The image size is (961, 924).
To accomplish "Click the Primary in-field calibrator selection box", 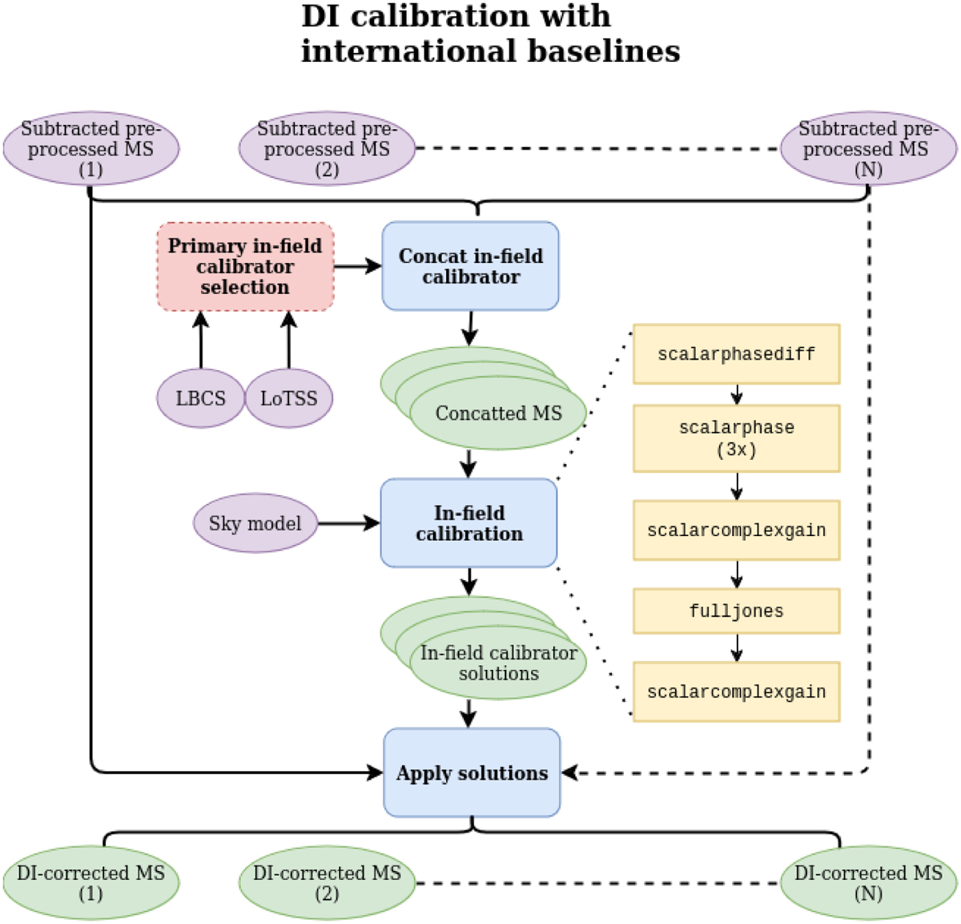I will [245, 267].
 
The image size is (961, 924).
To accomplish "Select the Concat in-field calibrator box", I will [470, 266].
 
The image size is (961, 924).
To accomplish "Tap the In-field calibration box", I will [468, 523].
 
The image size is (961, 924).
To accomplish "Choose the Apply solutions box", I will [472, 773].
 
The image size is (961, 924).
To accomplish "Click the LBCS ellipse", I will [200, 398].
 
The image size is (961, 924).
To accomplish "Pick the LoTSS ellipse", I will [288, 398].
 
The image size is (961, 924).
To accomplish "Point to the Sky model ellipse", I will [255, 523].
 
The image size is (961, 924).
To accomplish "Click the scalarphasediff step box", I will [736, 354].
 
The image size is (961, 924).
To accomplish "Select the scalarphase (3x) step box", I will [736, 438].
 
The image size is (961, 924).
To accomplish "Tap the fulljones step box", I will [736, 611].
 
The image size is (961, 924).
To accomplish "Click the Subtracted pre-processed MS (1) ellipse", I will [90, 149].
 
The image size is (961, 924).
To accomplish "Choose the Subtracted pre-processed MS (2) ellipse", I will [327, 149].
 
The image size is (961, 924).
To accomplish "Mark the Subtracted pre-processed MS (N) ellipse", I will [868, 149].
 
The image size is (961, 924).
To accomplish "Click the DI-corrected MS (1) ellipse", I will [90, 882].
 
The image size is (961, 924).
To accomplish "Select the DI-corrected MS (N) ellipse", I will [868, 882].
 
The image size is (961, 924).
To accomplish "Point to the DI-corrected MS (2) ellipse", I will [327, 882].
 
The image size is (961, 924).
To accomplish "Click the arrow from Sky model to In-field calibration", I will [349, 523].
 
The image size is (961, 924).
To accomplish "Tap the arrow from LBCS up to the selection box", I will [201, 341].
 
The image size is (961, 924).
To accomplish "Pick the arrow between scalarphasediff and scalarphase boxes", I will [736, 394].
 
